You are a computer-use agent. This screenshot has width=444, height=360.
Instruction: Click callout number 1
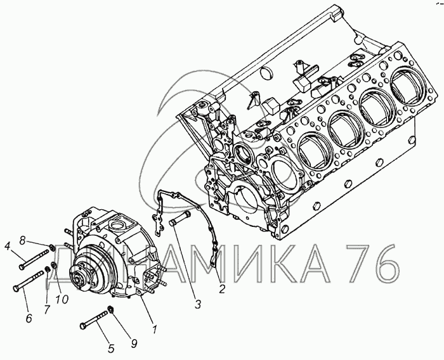click(155, 329)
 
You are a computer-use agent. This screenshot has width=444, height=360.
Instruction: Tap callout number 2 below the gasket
click(222, 289)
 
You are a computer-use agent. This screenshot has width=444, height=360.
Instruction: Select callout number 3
click(198, 304)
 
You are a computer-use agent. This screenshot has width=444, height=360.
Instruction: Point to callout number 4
click(8, 246)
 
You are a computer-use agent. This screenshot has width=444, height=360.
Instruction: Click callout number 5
click(111, 349)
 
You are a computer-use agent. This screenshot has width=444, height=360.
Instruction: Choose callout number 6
click(29, 318)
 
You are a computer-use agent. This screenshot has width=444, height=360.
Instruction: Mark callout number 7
click(47, 309)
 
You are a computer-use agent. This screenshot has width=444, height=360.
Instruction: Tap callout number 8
click(22, 241)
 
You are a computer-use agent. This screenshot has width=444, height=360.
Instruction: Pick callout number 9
click(134, 344)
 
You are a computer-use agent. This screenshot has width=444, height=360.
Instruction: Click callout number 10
click(62, 299)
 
